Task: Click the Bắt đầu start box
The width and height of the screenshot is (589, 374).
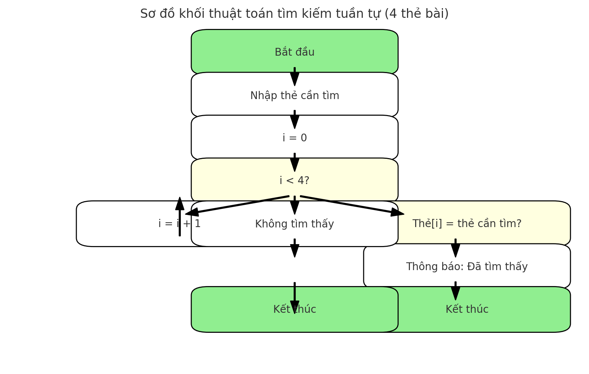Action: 294,52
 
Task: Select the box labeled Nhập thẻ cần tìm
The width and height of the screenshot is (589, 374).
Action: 294,95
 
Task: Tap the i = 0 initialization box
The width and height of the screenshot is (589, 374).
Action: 294,138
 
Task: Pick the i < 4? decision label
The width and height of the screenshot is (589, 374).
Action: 294,181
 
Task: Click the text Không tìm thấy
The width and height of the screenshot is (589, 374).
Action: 294,224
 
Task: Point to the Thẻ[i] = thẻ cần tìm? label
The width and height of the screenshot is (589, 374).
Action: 467,224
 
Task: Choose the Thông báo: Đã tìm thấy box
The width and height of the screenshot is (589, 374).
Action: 467,267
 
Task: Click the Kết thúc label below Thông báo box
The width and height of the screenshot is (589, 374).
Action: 467,309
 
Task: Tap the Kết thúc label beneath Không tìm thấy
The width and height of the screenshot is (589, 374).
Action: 294,309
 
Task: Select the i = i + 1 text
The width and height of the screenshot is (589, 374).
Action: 179,224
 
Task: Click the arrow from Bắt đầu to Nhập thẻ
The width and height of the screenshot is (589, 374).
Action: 295,76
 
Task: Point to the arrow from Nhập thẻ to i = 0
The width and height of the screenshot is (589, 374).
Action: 295,119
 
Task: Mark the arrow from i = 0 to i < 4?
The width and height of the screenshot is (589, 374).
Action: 295,162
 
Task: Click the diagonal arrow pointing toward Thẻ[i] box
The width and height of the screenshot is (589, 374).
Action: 352,205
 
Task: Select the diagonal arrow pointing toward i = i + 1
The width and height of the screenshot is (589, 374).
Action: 237,205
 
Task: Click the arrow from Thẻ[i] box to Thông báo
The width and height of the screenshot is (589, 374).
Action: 456,248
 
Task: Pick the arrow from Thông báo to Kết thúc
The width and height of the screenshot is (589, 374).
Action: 456,291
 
